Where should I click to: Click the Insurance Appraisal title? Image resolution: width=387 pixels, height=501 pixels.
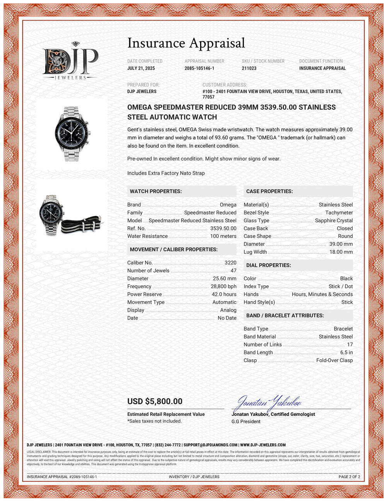[186, 43]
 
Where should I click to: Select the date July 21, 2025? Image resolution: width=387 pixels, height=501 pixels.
[141, 68]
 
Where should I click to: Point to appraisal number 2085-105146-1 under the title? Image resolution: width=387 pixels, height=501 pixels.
[199, 68]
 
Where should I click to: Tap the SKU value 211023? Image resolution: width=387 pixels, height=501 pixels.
[249, 68]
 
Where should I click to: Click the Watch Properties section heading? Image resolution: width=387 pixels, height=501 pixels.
[156, 191]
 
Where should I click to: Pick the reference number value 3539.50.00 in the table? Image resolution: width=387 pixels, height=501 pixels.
[223, 228]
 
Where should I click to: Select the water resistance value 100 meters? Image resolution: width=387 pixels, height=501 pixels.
[223, 236]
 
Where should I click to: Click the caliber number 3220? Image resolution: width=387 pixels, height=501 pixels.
[230, 263]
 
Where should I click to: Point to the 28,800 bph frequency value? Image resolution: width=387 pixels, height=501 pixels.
[223, 287]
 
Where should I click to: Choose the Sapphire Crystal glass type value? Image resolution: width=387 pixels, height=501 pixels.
[334, 221]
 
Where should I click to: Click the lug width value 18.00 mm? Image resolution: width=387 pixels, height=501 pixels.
[341, 252]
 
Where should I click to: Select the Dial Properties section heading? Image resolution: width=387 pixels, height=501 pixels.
[269, 265]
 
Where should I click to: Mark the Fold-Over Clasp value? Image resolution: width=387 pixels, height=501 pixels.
[334, 360]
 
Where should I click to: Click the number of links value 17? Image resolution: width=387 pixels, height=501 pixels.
[350, 345]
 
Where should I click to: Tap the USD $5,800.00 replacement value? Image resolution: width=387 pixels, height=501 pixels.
[155, 401]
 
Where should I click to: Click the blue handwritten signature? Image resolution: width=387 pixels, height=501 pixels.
[269, 403]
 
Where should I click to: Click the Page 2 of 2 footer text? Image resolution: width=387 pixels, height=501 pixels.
[349, 477]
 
